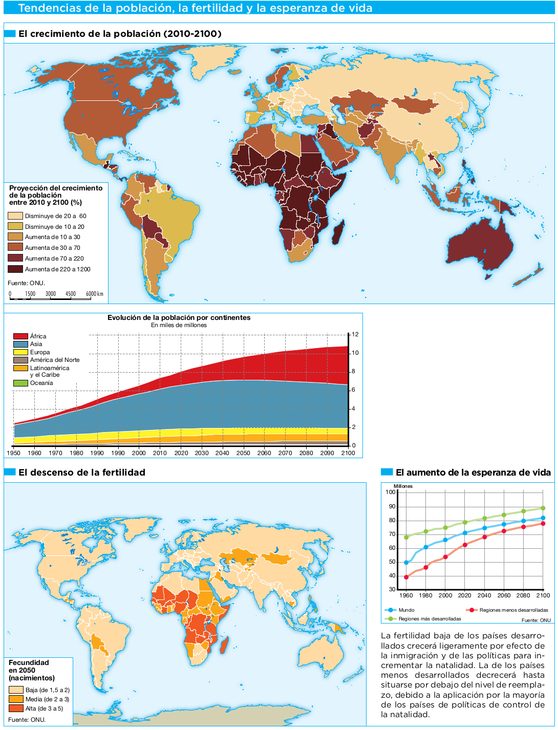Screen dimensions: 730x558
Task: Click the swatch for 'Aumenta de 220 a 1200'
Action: click(x=15, y=269)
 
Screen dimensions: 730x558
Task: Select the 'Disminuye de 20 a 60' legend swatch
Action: click(x=15, y=216)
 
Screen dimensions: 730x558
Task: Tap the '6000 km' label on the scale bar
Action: click(x=94, y=294)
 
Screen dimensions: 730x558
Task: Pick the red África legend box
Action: click(x=20, y=336)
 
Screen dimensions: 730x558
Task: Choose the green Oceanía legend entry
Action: click(x=20, y=383)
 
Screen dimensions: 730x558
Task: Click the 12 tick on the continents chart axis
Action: click(x=355, y=335)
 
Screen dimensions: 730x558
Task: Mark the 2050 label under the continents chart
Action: click(x=243, y=453)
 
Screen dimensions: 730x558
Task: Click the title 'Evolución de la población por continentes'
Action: click(x=179, y=317)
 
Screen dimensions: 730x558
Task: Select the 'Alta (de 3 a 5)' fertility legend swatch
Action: click(x=16, y=708)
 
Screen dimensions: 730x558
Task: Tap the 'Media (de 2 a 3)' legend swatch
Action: click(x=16, y=699)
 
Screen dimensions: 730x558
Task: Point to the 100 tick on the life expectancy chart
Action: click(x=391, y=492)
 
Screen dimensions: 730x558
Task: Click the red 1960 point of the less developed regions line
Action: click(x=406, y=577)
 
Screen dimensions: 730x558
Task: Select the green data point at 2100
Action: click(x=543, y=508)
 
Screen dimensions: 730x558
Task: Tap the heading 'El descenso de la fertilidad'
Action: click(x=82, y=473)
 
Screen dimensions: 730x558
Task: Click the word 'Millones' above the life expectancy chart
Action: click(x=403, y=486)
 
